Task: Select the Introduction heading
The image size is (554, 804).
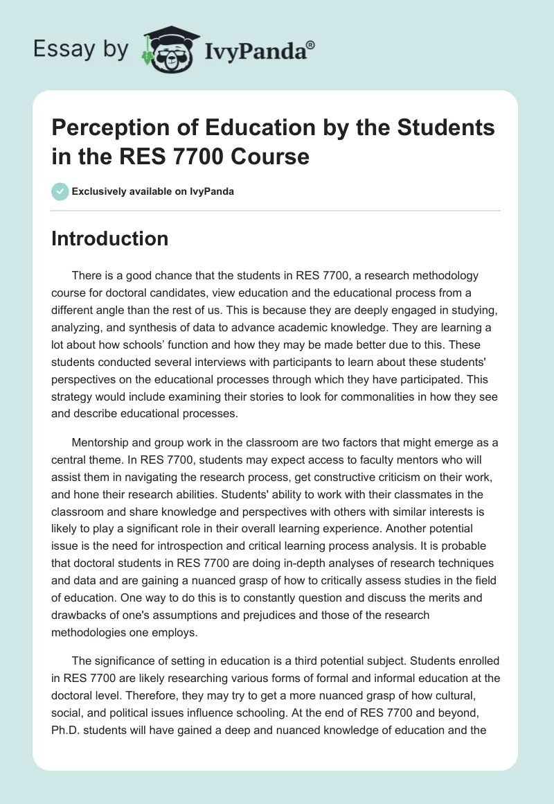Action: (x=110, y=238)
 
